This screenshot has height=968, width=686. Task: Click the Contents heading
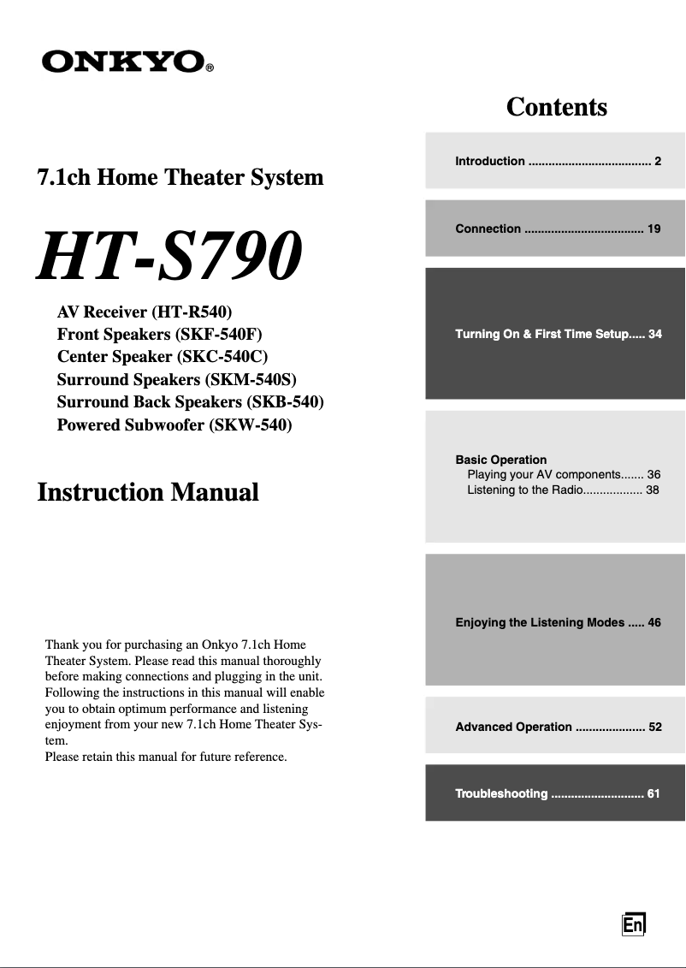pyautogui.click(x=556, y=107)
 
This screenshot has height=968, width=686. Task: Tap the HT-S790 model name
pyautogui.click(x=169, y=257)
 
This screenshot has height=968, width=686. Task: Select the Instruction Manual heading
pyautogui.click(x=148, y=492)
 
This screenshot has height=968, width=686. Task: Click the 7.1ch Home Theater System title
pyautogui.click(x=180, y=178)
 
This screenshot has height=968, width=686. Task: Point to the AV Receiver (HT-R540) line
pyautogui.click(x=145, y=312)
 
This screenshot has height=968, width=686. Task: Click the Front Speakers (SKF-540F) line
pyautogui.click(x=159, y=334)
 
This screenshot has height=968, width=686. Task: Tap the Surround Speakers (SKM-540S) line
pyautogui.click(x=177, y=379)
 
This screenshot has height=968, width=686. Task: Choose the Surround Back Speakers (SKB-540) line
pyautogui.click(x=190, y=402)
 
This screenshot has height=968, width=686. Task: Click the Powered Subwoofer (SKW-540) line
pyautogui.click(x=174, y=425)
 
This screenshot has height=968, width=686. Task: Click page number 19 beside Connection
pyautogui.click(x=653, y=229)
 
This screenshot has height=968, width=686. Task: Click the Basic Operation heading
pyautogui.click(x=501, y=460)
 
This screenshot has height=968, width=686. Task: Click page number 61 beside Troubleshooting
pyautogui.click(x=653, y=793)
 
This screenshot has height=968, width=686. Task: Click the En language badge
pyautogui.click(x=633, y=925)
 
